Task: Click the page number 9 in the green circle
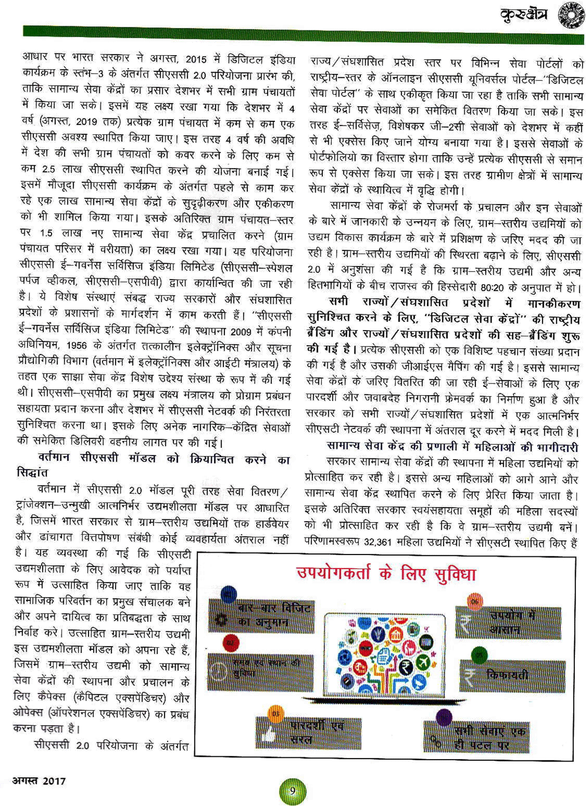(x=292, y=791)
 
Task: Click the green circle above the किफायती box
(x=479, y=654)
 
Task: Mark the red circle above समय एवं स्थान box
(x=231, y=644)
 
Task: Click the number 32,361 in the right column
(x=377, y=542)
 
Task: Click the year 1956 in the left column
(x=79, y=345)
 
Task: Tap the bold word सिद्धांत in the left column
(x=33, y=472)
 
